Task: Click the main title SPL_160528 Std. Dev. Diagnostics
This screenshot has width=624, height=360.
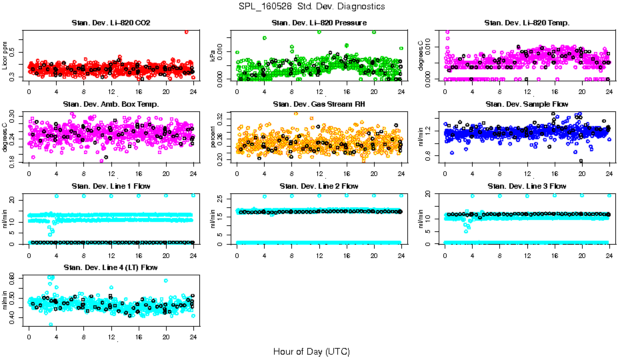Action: tap(311, 7)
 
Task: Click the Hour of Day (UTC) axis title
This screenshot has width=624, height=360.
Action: tap(311, 351)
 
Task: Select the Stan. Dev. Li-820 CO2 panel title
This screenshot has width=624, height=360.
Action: tap(111, 23)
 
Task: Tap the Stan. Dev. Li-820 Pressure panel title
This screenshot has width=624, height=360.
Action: tap(319, 23)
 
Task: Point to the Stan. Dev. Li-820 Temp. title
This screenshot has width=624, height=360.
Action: tap(527, 23)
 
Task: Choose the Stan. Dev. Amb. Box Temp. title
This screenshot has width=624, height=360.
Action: tap(111, 105)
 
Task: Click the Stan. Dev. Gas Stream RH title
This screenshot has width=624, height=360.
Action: tap(319, 105)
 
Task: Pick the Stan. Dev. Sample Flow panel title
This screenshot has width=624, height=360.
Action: tap(527, 105)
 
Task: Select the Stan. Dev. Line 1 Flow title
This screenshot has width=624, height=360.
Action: tap(111, 186)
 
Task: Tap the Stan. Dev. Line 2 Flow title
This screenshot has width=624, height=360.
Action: tap(319, 186)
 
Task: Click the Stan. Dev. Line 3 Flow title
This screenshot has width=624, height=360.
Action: tap(527, 186)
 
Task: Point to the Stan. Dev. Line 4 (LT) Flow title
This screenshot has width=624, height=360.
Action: tap(111, 267)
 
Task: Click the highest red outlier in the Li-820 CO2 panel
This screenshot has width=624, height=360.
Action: tap(187, 31)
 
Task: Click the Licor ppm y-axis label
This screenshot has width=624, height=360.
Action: tap(5, 56)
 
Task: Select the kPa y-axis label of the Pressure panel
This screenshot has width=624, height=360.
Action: tap(213, 56)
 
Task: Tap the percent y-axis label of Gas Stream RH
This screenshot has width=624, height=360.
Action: tap(213, 137)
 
